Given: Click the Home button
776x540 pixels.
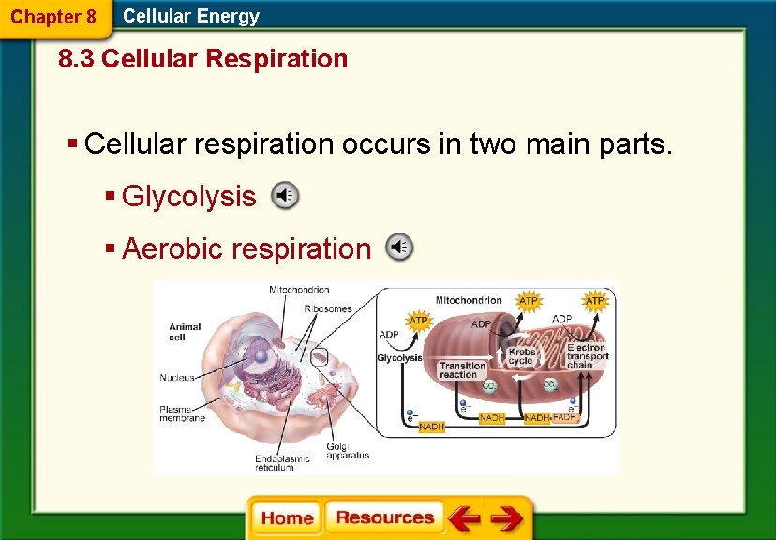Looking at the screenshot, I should (x=287, y=518).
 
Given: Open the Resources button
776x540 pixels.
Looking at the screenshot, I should (x=384, y=517).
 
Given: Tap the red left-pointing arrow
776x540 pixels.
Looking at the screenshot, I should (x=463, y=518).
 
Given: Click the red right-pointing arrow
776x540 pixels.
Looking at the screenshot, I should (x=507, y=518).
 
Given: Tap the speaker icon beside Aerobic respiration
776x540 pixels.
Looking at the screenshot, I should (x=399, y=247).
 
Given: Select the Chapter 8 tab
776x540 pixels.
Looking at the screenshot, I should (x=53, y=17).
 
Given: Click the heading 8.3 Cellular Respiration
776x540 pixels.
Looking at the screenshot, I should (x=202, y=59).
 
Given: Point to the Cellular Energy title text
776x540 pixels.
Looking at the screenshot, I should (x=191, y=16).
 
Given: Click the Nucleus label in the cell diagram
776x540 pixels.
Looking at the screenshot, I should (x=176, y=378).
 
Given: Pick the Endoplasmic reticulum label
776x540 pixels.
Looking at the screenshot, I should (x=282, y=462).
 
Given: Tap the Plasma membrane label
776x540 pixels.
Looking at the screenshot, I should (x=182, y=413).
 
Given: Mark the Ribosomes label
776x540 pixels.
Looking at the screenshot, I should (x=327, y=308).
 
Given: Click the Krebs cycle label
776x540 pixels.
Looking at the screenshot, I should (x=521, y=357).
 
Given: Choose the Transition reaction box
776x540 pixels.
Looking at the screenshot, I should (x=462, y=370).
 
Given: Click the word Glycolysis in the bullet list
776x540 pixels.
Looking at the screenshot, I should (x=188, y=196).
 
